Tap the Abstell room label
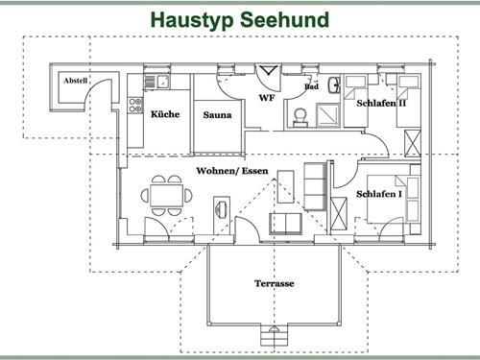click(75, 81)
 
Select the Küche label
click(165, 114)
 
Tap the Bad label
click(311, 86)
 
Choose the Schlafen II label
click(381, 103)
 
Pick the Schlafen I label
click(379, 195)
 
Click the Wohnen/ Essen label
click(232, 171)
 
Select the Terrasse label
click(274, 284)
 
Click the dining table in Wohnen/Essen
click(165, 195)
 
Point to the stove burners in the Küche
click(136, 103)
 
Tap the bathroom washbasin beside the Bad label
click(333, 84)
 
